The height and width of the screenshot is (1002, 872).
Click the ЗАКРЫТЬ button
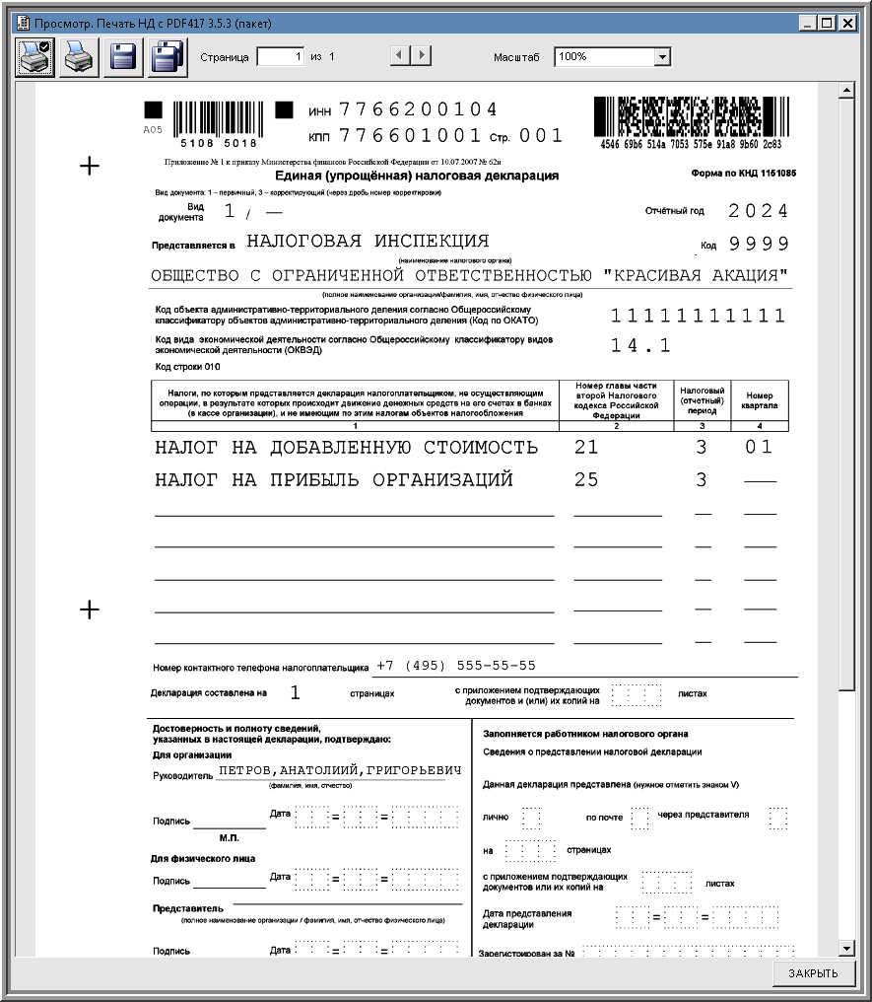point(813,973)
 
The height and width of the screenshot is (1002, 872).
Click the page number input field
point(281,57)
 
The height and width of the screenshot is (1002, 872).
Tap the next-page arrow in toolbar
point(422,57)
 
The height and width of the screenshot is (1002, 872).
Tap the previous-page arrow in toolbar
point(399,57)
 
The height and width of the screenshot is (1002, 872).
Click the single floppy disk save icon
point(123,57)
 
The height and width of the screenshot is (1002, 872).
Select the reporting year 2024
point(759,211)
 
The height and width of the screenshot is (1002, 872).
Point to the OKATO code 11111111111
point(698,317)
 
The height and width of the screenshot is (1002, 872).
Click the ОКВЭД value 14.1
point(640,345)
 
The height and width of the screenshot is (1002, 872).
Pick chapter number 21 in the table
point(586,448)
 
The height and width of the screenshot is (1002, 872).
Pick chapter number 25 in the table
point(586,480)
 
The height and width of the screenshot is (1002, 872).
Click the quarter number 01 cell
point(759,448)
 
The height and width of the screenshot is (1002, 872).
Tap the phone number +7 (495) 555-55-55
point(456,666)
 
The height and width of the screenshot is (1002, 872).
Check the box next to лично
point(531,818)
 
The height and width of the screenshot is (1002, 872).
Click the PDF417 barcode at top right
point(692,116)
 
